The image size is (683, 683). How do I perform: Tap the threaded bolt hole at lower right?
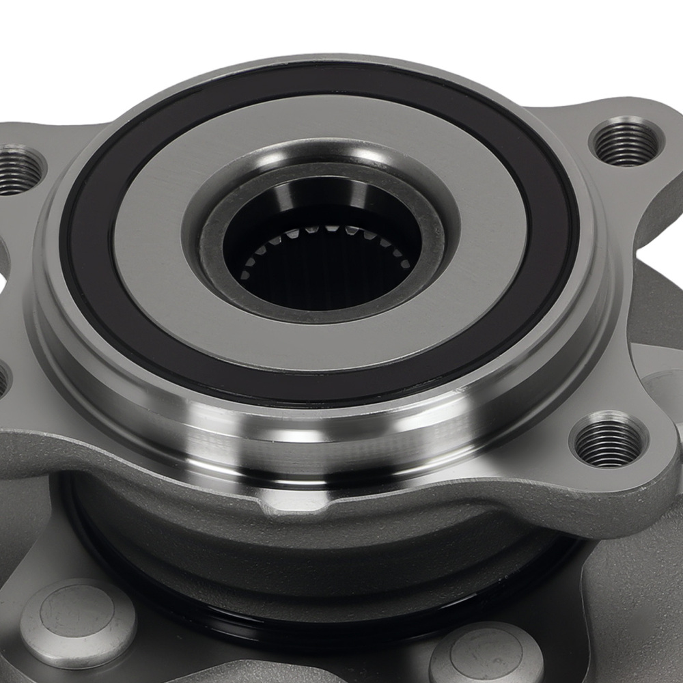coord(609,443)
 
